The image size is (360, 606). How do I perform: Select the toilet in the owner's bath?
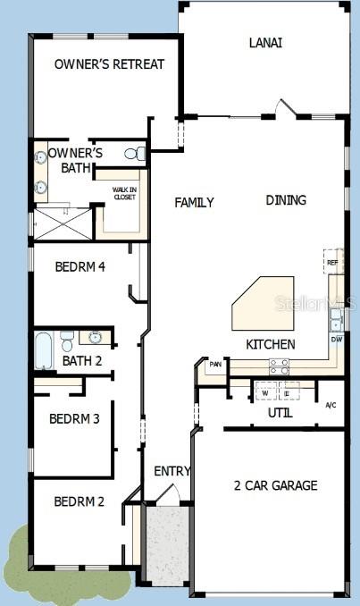pos(134,154)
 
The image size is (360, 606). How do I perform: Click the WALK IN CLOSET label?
pos(124,193)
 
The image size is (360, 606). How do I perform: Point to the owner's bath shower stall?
pos(63,223)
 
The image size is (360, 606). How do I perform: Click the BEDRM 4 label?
pos(80,265)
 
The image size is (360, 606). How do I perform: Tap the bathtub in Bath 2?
pos(44,350)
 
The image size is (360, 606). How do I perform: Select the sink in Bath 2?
pos(96,338)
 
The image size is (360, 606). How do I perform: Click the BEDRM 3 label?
pos(74,418)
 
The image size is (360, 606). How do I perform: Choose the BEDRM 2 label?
pos(79,501)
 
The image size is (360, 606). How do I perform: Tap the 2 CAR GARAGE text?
pos(275,485)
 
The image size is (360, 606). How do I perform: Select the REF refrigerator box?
pos(333,262)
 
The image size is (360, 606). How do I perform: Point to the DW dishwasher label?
pos(336,340)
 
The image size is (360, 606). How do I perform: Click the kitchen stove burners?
pos(279,365)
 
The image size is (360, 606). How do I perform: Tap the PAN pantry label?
pos(215,365)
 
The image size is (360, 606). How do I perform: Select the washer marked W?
pos(265,391)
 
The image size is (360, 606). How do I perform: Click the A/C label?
pos(331,406)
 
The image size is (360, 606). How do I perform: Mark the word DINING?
pos(286,200)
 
